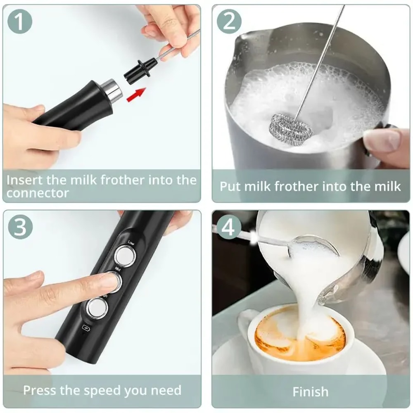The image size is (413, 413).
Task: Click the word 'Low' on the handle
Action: [x=132, y=242]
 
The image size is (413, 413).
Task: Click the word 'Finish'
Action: [x=311, y=391]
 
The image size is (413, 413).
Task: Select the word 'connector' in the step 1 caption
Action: [x=38, y=193]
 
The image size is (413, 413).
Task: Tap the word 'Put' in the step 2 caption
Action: [x=230, y=186]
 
